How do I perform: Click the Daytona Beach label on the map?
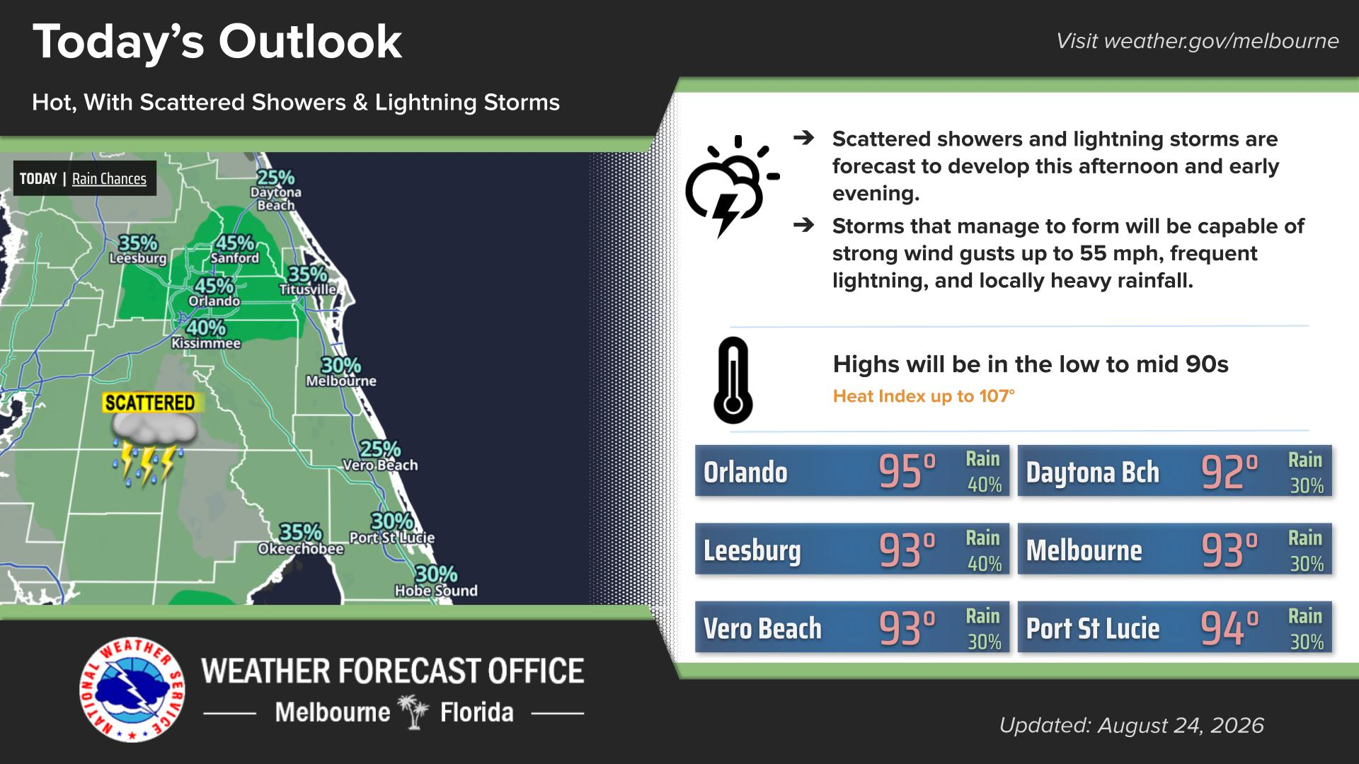pyautogui.click(x=276, y=199)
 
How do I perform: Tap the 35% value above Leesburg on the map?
pyautogui.click(x=138, y=243)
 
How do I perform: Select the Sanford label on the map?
pyautogui.click(x=235, y=258)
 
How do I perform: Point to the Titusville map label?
pyautogui.click(x=308, y=289)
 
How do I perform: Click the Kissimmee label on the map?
pyautogui.click(x=206, y=343)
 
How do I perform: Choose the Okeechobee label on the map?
pyautogui.click(x=301, y=549)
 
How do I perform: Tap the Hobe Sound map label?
pyautogui.click(x=436, y=591)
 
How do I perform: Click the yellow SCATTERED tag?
pyautogui.click(x=149, y=403)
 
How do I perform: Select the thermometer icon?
pyautogui.click(x=733, y=380)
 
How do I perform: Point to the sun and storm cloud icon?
pyautogui.click(x=731, y=185)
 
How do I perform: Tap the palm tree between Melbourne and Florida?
pyautogui.click(x=414, y=712)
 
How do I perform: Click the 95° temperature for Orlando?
pyautogui.click(x=907, y=472)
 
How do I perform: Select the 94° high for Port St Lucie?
pyautogui.click(x=1230, y=628)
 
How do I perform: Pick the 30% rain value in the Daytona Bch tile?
pyautogui.click(x=1306, y=486)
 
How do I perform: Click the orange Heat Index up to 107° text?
pyautogui.click(x=924, y=396)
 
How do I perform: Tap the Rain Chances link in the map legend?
pyautogui.click(x=109, y=179)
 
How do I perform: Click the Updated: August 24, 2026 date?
pyautogui.click(x=1131, y=725)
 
